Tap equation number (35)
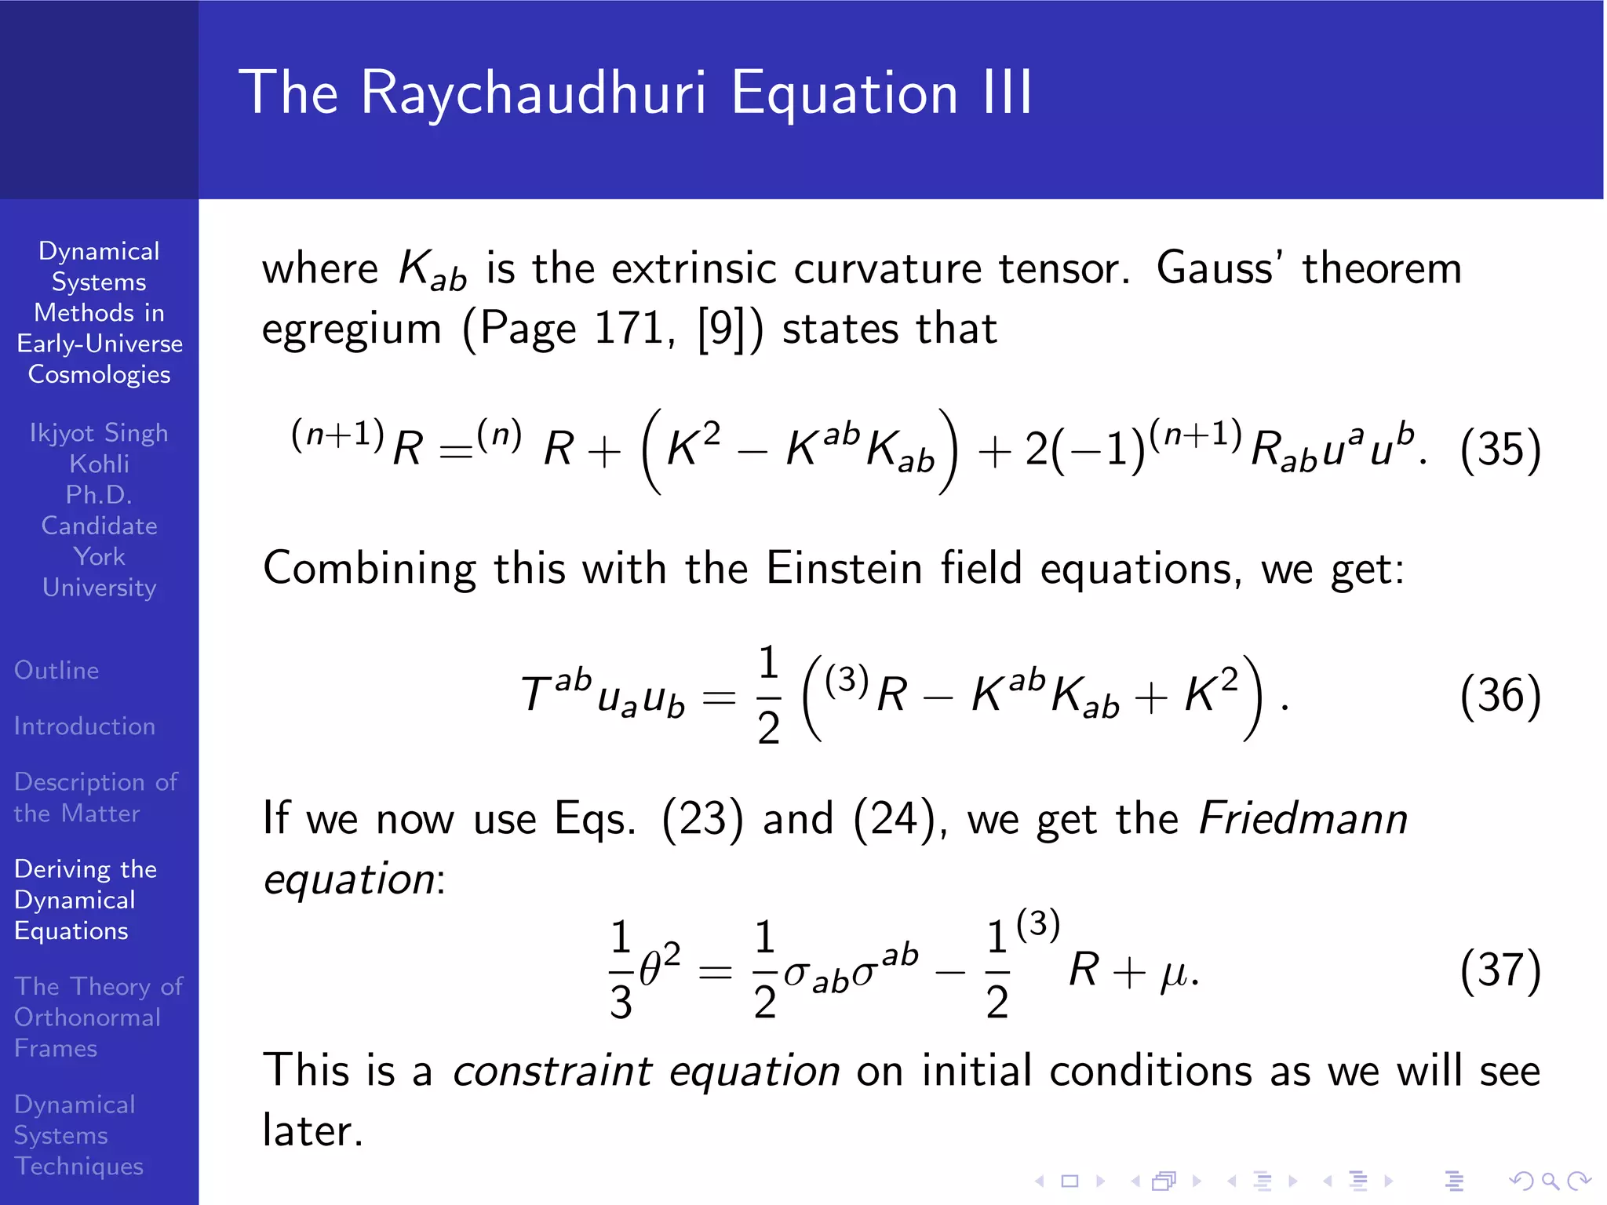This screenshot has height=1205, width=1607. tap(1500, 450)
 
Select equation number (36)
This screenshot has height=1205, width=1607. tap(1500, 695)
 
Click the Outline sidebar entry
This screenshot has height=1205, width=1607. tap(56, 671)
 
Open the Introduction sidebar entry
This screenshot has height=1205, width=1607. tap(85, 726)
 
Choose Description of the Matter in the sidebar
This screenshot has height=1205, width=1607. tap(95, 797)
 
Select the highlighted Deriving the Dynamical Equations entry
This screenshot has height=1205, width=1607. tap(85, 900)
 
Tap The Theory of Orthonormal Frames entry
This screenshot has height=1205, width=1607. tap(97, 1017)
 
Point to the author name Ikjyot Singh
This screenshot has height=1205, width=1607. tap(99, 433)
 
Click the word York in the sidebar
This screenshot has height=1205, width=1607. tap(99, 557)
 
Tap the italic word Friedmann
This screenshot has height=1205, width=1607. tap(1303, 819)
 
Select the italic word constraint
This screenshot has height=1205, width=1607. tap(553, 1072)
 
